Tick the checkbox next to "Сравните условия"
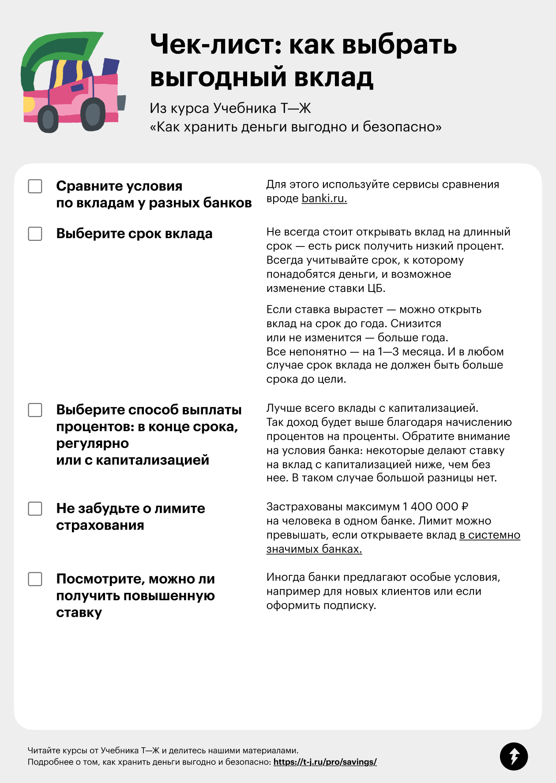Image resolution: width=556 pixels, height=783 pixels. tap(35, 186)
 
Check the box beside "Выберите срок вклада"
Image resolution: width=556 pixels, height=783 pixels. tap(35, 234)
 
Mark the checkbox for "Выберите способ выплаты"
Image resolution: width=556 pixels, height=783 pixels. tap(35, 410)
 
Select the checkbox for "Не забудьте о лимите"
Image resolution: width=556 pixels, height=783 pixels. tap(35, 509)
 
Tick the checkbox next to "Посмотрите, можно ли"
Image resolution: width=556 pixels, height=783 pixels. tap(35, 579)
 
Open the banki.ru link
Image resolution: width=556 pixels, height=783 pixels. tap(324, 198)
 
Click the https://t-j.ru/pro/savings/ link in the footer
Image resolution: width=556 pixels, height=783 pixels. tap(325, 762)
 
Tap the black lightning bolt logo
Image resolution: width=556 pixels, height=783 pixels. tap(514, 757)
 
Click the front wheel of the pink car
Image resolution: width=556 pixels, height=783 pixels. tap(93, 114)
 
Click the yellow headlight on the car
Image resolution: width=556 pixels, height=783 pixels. tap(28, 105)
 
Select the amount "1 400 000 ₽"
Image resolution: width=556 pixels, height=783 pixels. tap(435, 507)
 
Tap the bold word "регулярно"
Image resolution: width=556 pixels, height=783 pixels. tap(93, 444)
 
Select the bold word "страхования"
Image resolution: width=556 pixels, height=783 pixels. tap(100, 526)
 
